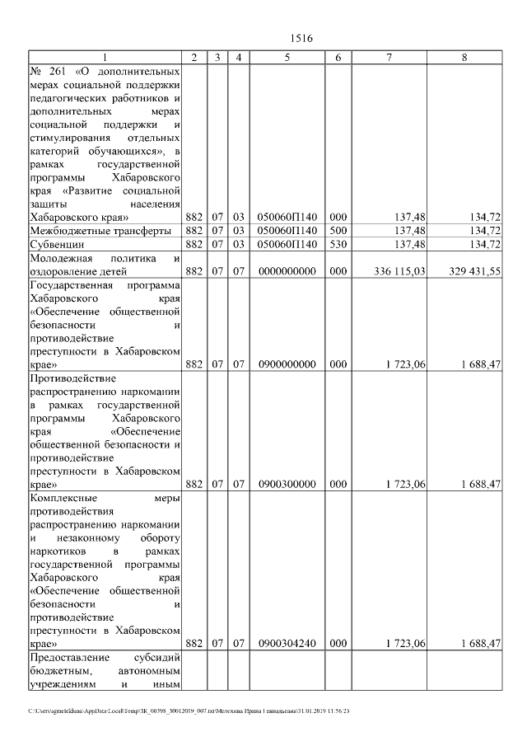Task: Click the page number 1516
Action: (302, 39)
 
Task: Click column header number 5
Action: (287, 58)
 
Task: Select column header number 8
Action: (464, 58)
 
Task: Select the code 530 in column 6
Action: (338, 245)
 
